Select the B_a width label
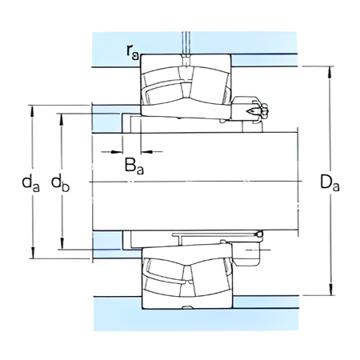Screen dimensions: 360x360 click(x=134, y=166)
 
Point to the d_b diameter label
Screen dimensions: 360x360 click(x=60, y=183)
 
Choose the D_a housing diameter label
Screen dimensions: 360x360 click(x=330, y=183)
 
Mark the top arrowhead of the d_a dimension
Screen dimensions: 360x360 click(x=33, y=108)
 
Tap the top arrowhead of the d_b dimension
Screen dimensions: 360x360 click(x=62, y=118)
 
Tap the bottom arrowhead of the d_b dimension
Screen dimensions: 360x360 click(x=62, y=247)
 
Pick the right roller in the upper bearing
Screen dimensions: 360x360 click(x=210, y=89)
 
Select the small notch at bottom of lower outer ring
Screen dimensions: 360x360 click(x=186, y=310)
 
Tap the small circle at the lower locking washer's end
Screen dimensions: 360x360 click(x=259, y=234)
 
